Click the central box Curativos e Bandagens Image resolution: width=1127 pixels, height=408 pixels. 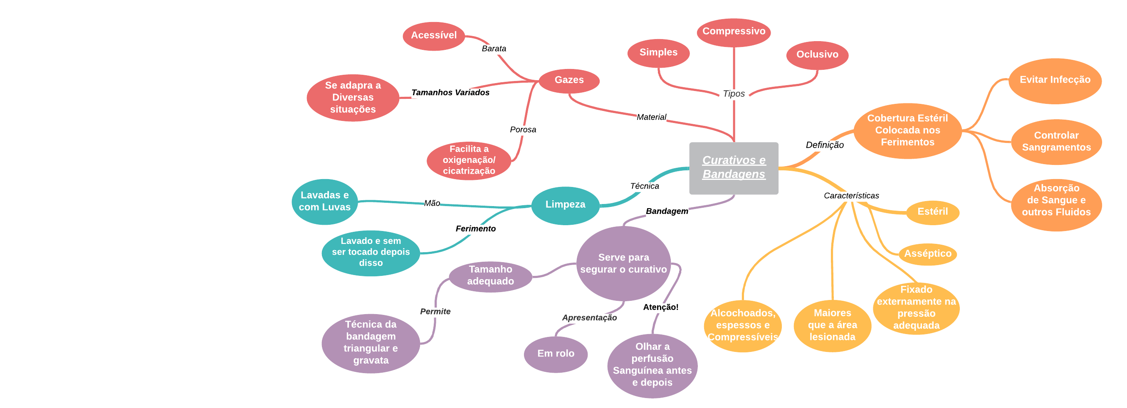(733, 168)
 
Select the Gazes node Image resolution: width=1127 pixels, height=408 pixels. (569, 81)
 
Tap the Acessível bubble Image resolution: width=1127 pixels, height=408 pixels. (434, 36)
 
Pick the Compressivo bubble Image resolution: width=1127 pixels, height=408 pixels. (733, 32)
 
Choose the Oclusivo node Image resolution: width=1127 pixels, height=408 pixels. (817, 55)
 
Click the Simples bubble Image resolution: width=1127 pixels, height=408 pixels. (658, 53)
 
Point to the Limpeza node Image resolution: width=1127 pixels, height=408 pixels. (565, 205)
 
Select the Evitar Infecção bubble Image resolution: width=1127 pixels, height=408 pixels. (1054, 81)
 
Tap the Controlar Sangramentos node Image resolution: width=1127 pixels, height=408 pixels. (1056, 142)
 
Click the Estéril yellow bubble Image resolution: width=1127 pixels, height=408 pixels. (932, 212)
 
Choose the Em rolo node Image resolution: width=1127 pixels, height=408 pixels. (555, 353)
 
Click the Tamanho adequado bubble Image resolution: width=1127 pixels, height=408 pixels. (490, 275)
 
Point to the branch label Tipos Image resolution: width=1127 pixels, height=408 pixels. (733, 93)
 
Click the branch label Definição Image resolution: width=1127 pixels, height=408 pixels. (824, 145)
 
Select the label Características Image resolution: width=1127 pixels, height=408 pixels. (851, 196)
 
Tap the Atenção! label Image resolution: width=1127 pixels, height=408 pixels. (660, 307)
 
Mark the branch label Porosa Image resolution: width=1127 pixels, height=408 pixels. (523, 130)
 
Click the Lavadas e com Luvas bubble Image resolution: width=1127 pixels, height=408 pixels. (324, 202)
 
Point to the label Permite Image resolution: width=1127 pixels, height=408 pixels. (435, 312)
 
